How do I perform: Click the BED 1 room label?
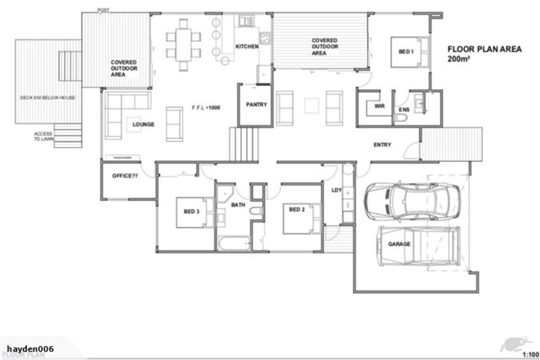(x=406, y=51)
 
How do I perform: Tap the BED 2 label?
(x=296, y=209)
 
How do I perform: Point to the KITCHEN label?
(x=247, y=46)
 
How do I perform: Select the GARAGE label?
(x=399, y=244)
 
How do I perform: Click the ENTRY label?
(x=382, y=145)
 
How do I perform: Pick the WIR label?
(x=380, y=106)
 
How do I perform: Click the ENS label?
(x=404, y=110)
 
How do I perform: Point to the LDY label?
(x=336, y=189)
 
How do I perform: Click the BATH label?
(x=238, y=205)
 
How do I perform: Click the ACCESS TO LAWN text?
(x=44, y=136)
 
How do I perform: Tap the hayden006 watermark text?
(x=30, y=349)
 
